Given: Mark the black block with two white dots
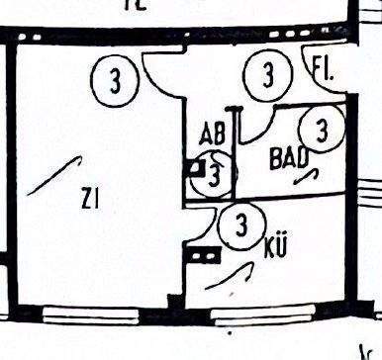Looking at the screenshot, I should point(203,254).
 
